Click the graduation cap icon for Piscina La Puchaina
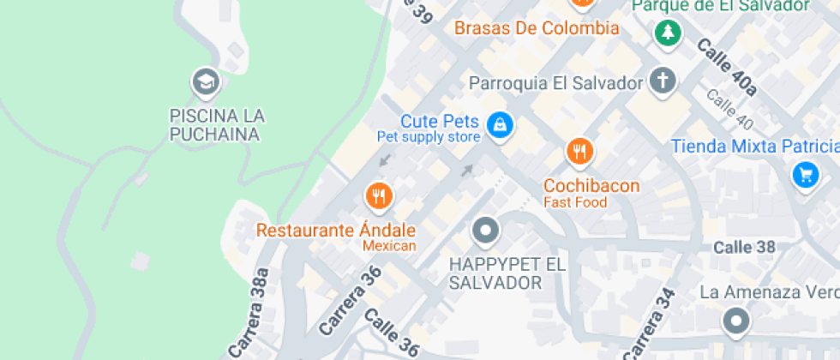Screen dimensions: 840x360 (x=206, y=82)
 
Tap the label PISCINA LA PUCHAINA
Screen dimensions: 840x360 (x=217, y=125)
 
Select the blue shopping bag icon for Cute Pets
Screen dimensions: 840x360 (x=499, y=126)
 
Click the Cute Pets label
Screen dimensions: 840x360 (x=440, y=121)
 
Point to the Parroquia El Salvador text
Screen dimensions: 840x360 (x=555, y=83)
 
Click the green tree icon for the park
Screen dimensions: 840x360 (x=668, y=33)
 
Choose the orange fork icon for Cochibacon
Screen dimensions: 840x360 (x=580, y=152)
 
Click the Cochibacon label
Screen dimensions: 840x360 (x=591, y=185)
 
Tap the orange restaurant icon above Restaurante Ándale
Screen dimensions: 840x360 (x=378, y=196)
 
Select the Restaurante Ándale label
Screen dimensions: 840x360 (x=336, y=231)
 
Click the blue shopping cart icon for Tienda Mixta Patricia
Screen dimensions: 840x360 (x=804, y=176)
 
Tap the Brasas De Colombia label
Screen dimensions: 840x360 (x=536, y=28)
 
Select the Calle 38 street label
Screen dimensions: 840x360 (x=744, y=247)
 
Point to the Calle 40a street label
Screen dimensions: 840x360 (x=727, y=68)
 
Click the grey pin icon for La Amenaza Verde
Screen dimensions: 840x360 (x=735, y=321)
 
